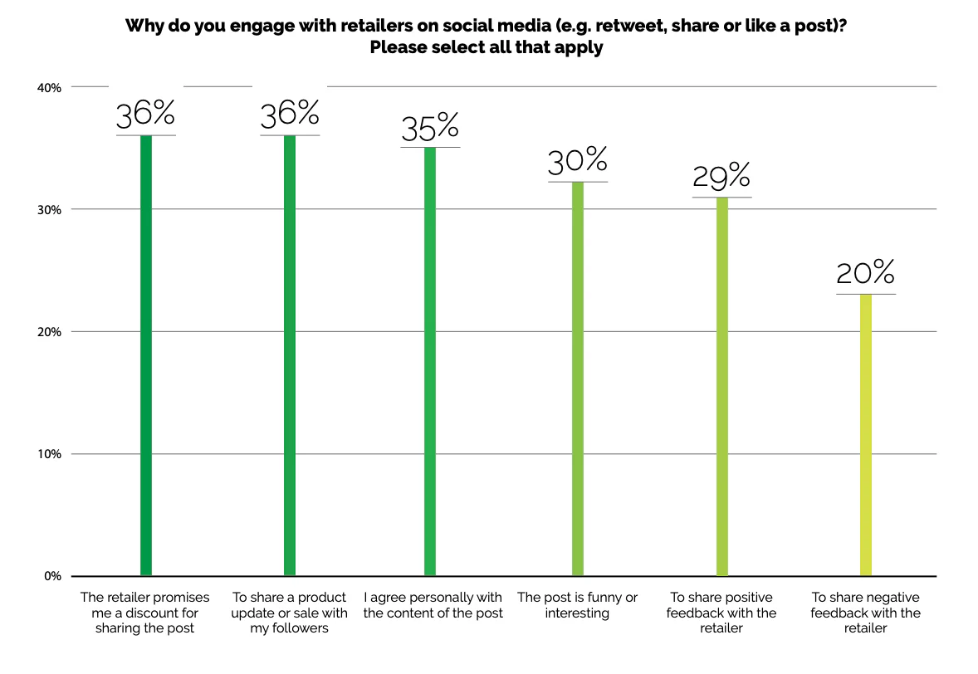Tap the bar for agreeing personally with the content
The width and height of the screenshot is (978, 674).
(430, 361)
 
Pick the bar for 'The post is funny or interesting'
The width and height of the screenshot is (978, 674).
(578, 379)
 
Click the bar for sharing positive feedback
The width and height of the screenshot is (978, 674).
(721, 386)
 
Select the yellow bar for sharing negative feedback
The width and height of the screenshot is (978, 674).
(866, 435)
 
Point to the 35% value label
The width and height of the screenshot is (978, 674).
(430, 129)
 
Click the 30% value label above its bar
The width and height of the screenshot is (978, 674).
(578, 163)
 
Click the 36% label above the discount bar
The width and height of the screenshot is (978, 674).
(146, 116)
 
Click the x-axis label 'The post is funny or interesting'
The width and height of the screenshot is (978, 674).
(578, 605)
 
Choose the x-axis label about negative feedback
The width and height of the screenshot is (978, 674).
(866, 613)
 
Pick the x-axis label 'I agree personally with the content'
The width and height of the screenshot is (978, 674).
(433, 605)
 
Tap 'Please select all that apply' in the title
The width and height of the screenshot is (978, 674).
(487, 47)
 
